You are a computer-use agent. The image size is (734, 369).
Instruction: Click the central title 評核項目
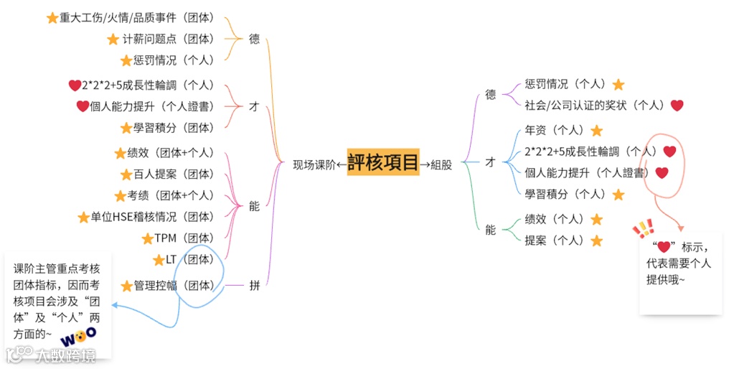point(382,163)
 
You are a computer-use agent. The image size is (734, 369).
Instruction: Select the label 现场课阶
point(314,164)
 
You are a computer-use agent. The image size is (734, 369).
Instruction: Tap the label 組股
point(441,164)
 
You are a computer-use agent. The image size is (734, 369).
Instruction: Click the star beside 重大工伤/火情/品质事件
point(52,19)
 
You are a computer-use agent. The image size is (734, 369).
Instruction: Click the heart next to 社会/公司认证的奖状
point(677,106)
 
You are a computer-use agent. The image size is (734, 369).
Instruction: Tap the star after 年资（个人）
point(596,131)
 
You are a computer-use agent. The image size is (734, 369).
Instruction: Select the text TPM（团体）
point(184,238)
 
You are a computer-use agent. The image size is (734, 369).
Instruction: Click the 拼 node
point(254,286)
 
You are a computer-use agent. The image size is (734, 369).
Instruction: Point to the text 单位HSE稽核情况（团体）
point(151,217)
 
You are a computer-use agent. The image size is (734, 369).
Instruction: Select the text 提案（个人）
point(555,240)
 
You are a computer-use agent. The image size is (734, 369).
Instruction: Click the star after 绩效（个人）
point(596,220)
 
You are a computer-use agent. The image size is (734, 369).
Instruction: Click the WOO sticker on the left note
point(77,336)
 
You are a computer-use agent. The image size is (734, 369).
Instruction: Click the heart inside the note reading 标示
point(664,247)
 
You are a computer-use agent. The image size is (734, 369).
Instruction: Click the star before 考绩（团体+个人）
point(121,195)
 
